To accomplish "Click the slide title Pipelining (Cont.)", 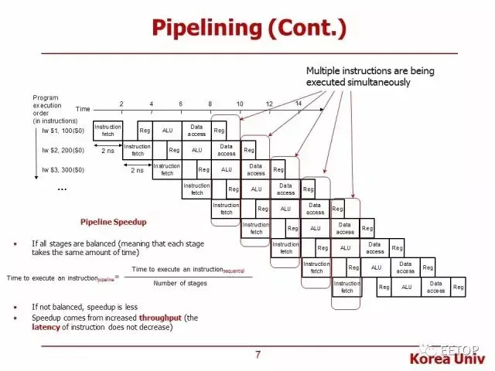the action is pos(247,29).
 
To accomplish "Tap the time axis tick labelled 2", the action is pos(121,104).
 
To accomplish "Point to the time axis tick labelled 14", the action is pos(299,104).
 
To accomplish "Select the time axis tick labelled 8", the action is pos(210,104).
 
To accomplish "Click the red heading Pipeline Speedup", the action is pos(114,221).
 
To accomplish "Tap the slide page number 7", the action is pos(258,355).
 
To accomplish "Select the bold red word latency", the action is pos(46,327).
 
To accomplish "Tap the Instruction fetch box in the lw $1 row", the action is pos(108,131).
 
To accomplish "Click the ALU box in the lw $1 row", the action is pos(167,131).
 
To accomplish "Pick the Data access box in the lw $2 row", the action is pos(226,150).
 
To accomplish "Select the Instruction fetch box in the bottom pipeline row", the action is pos(346,287).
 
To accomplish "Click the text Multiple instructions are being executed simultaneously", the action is pos(370,75).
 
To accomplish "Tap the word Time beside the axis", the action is pos(83,109).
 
